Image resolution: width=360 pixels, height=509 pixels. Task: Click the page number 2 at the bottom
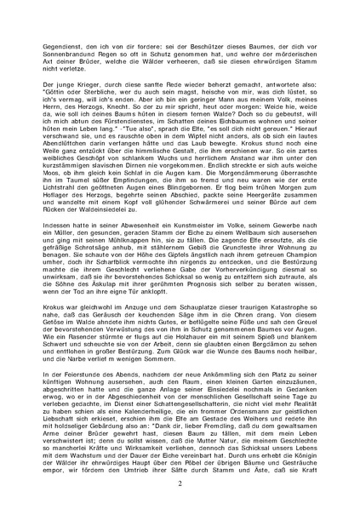click(x=180, y=482)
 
